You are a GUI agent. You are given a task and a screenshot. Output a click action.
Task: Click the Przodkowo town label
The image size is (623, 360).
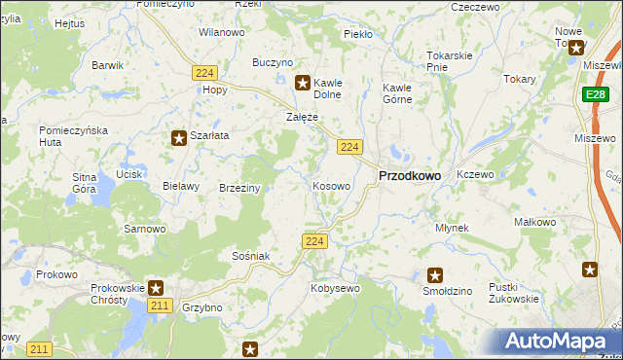coord(408,175)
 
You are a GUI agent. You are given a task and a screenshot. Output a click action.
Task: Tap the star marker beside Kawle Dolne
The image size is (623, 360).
coord(303,84)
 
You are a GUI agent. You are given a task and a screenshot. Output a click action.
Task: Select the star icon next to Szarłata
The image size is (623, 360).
coord(179,138)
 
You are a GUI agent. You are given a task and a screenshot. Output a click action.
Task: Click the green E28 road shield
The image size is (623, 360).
coord(597,94)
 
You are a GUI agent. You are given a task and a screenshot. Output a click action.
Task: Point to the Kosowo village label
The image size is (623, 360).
coord(332,185)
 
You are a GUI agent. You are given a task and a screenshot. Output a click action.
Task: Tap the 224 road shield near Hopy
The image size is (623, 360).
coord(204,73)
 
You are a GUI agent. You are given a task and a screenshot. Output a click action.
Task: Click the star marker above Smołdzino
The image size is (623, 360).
coord(435,275)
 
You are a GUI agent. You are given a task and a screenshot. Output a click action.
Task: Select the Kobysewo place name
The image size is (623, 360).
coord(335,288)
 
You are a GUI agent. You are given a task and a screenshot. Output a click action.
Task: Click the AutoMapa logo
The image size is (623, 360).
coord(559,342)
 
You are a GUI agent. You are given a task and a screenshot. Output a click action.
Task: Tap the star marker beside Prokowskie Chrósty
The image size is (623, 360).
coord(156,288)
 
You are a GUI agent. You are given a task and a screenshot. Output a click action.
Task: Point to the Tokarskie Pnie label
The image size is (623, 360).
coord(449,60)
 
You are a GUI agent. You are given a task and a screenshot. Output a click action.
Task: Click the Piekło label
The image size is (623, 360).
coord(358,34)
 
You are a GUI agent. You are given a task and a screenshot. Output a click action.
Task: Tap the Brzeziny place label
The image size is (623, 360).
coord(239,188)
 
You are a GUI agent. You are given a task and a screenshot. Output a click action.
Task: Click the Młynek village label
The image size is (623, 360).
coord(453,228)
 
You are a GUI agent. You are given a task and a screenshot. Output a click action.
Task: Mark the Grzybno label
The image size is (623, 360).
coord(202,307)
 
